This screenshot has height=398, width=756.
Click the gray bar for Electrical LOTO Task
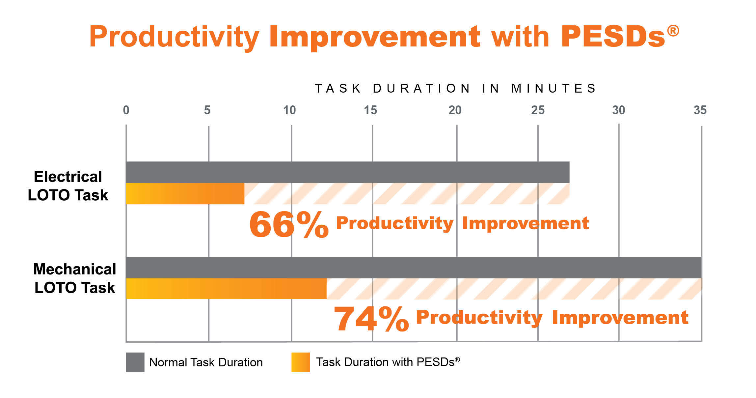(347, 172)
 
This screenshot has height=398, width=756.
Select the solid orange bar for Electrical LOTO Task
(185, 194)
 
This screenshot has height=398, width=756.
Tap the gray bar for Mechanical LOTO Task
(414, 267)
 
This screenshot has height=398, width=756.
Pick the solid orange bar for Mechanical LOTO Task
(226, 289)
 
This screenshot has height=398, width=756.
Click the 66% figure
(289, 224)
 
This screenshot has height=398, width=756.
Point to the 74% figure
(371, 319)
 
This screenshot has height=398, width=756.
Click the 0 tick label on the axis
(126, 110)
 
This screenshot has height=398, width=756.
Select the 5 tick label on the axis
(207, 110)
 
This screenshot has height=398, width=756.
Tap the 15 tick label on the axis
(370, 110)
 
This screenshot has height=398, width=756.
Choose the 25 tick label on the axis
(538, 110)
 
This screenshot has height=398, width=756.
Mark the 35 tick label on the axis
(700, 110)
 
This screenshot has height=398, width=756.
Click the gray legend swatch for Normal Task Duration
(135, 362)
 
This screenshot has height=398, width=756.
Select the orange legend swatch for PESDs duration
(300, 362)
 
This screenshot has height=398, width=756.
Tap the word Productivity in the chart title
(174, 37)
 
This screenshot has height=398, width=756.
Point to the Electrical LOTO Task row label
(68, 186)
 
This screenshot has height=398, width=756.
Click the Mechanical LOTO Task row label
(75, 278)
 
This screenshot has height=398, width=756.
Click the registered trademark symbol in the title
(673, 31)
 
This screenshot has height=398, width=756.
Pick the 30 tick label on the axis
(618, 110)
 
